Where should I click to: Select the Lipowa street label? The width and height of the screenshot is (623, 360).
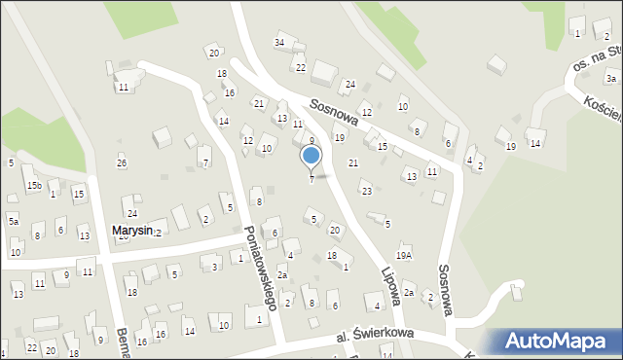coord(390,281)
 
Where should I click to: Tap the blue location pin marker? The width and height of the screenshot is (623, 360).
coord(311,156)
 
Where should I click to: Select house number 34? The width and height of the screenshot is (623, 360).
coord(279,43)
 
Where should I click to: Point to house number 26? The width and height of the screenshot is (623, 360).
coord(122,162)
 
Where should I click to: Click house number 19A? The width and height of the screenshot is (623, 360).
coord(404,255)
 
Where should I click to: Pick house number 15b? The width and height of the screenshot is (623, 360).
coord(34,184)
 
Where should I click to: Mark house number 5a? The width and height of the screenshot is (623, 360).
coord(14,222)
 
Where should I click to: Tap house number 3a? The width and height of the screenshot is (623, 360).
coord(610,78)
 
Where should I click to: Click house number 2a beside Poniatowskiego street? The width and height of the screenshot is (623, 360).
coord(281,275)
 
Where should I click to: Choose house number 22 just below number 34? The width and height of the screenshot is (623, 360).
coord(301,67)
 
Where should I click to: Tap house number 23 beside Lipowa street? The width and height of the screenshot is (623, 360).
coord(366,191)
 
